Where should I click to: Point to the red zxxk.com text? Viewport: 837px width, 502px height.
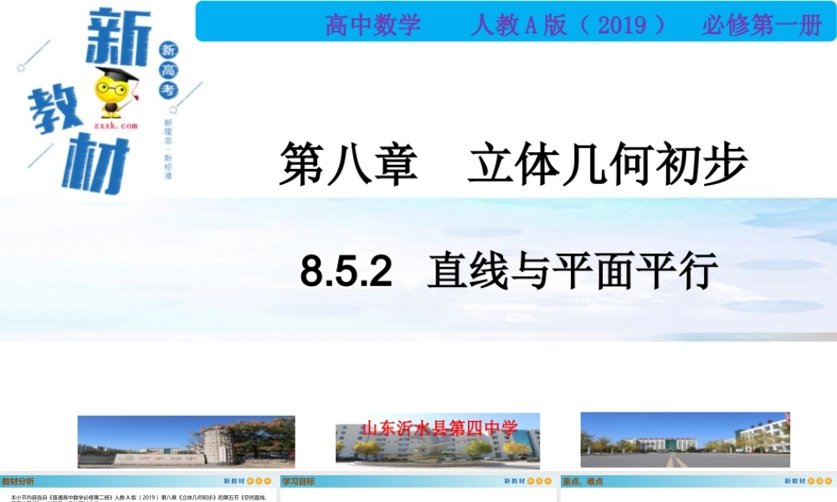[x=115, y=125]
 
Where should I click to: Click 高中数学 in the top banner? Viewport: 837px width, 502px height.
[x=373, y=25]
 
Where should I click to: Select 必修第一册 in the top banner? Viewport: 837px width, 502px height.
[x=762, y=25]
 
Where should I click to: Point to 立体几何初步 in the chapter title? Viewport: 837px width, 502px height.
[x=607, y=164]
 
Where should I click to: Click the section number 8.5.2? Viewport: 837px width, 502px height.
[x=347, y=271]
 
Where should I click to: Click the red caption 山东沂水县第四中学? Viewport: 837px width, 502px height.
[x=439, y=428]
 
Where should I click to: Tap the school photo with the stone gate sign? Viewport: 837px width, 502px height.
[x=186, y=442]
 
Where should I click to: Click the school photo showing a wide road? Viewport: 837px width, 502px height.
[x=685, y=440]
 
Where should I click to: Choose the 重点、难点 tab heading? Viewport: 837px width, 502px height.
[x=583, y=481]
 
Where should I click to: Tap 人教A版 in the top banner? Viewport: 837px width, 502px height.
[x=507, y=25]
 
